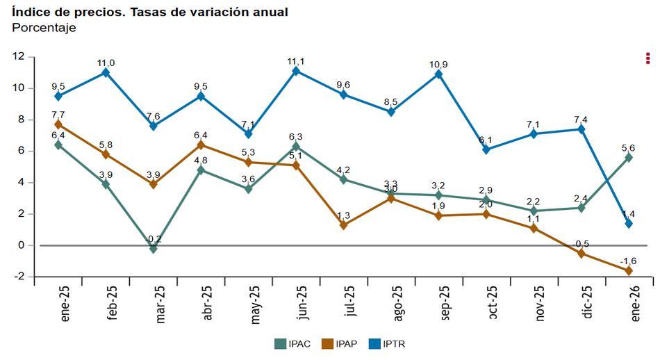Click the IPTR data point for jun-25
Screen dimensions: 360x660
click(296, 71)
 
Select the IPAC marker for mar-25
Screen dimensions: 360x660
click(154, 248)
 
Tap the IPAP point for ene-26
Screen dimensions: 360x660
click(629, 270)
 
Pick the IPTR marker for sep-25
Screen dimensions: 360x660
click(438, 74)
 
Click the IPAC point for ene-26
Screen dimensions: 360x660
click(629, 158)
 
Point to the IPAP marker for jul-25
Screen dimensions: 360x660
click(343, 224)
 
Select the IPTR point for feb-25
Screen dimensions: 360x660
click(106, 72)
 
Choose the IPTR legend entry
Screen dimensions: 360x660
click(385, 343)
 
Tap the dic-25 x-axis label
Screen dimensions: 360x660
click(587, 302)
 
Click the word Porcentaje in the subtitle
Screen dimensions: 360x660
click(44, 28)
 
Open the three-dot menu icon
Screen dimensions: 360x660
click(647, 58)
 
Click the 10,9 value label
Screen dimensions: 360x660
click(438, 65)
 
